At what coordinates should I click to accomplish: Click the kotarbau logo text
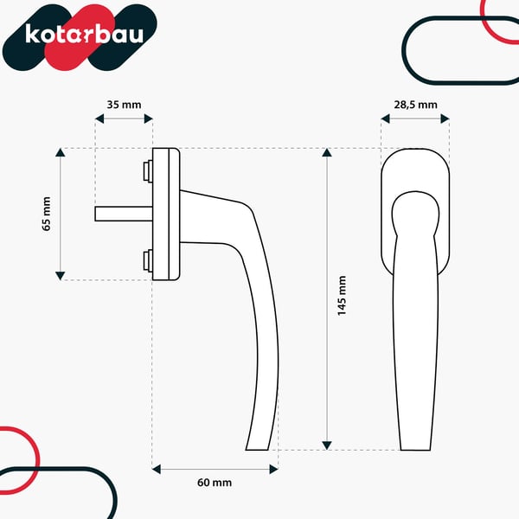pos(85,34)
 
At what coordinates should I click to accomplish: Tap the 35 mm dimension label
pos(124,105)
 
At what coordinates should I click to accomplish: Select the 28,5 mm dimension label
pos(415,105)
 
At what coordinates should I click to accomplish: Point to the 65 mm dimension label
pos(47,214)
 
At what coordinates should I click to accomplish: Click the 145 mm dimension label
pos(342,296)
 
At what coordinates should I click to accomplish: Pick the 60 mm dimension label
pos(215,483)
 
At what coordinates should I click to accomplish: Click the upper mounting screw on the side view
pos(148,170)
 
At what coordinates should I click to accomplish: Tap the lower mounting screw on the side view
pos(148,260)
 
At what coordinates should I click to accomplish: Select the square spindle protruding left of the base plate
pos(124,214)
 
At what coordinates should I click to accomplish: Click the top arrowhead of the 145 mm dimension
pos(327,152)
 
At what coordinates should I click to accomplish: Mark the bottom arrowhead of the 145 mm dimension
pos(327,445)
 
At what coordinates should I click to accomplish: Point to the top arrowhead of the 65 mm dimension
pos(60,152)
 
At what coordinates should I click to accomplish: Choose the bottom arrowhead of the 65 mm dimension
pos(60,276)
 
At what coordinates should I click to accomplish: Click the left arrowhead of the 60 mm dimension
pos(157,469)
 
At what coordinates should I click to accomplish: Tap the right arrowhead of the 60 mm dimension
pos(273,469)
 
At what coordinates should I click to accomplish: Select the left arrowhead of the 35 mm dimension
pos(99,119)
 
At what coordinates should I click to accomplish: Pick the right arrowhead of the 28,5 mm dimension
pos(445,119)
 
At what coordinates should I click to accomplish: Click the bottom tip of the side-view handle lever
pos(257,450)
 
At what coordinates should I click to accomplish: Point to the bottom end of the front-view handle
pos(415,450)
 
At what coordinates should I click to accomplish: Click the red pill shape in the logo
pos(80,37)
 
